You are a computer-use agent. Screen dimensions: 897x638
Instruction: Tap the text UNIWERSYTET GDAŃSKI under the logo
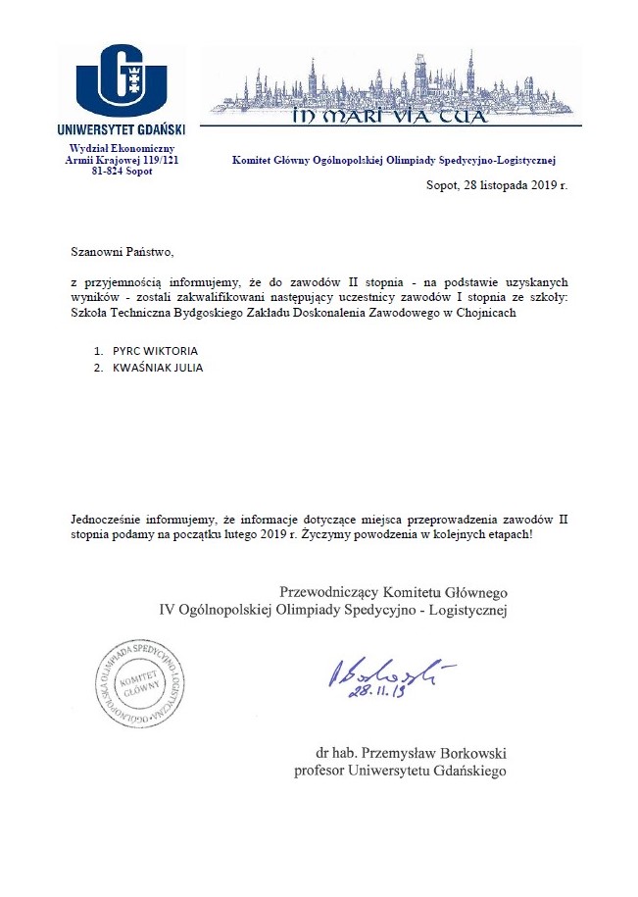click(122, 127)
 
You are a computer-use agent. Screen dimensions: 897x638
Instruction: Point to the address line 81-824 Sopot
click(122, 169)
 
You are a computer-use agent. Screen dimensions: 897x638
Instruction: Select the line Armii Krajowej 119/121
click(122, 158)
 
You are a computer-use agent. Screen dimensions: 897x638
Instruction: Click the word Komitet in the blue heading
click(253, 159)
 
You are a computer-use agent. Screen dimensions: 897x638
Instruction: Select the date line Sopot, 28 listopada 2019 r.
click(496, 184)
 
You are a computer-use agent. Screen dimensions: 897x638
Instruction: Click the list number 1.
click(97, 350)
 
